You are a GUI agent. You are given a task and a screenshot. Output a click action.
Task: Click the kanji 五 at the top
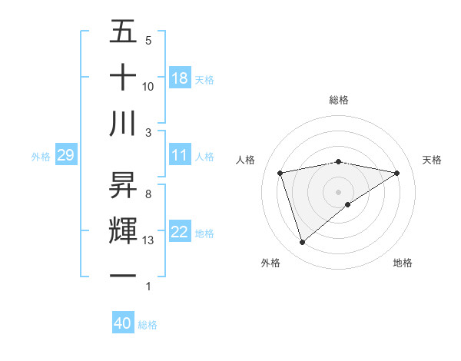click(x=124, y=31)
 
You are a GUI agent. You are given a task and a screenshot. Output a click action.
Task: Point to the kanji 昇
click(x=124, y=185)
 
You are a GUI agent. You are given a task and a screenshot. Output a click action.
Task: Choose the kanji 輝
click(x=124, y=230)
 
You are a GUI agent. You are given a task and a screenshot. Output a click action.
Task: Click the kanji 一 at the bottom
click(x=124, y=276)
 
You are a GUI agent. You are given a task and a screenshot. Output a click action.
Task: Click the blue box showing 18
click(x=180, y=78)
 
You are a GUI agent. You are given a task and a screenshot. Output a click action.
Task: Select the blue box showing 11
click(x=180, y=155)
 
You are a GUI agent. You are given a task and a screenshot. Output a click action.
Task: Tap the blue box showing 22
click(x=180, y=232)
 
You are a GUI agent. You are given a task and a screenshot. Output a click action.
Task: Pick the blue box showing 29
click(x=65, y=156)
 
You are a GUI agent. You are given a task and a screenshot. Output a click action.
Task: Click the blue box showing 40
click(x=123, y=323)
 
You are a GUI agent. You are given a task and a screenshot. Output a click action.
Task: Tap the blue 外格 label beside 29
click(x=41, y=157)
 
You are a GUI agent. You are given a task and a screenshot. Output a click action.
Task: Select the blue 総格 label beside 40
click(x=148, y=325)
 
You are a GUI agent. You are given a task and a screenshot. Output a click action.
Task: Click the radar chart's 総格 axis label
click(x=338, y=101)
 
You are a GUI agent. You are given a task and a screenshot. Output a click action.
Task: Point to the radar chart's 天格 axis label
click(x=432, y=160)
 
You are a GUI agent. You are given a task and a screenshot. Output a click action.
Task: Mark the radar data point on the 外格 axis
click(x=302, y=242)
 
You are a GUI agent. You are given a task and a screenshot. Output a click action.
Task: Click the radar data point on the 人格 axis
click(x=280, y=172)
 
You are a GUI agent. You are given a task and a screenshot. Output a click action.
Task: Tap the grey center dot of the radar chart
click(x=338, y=191)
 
